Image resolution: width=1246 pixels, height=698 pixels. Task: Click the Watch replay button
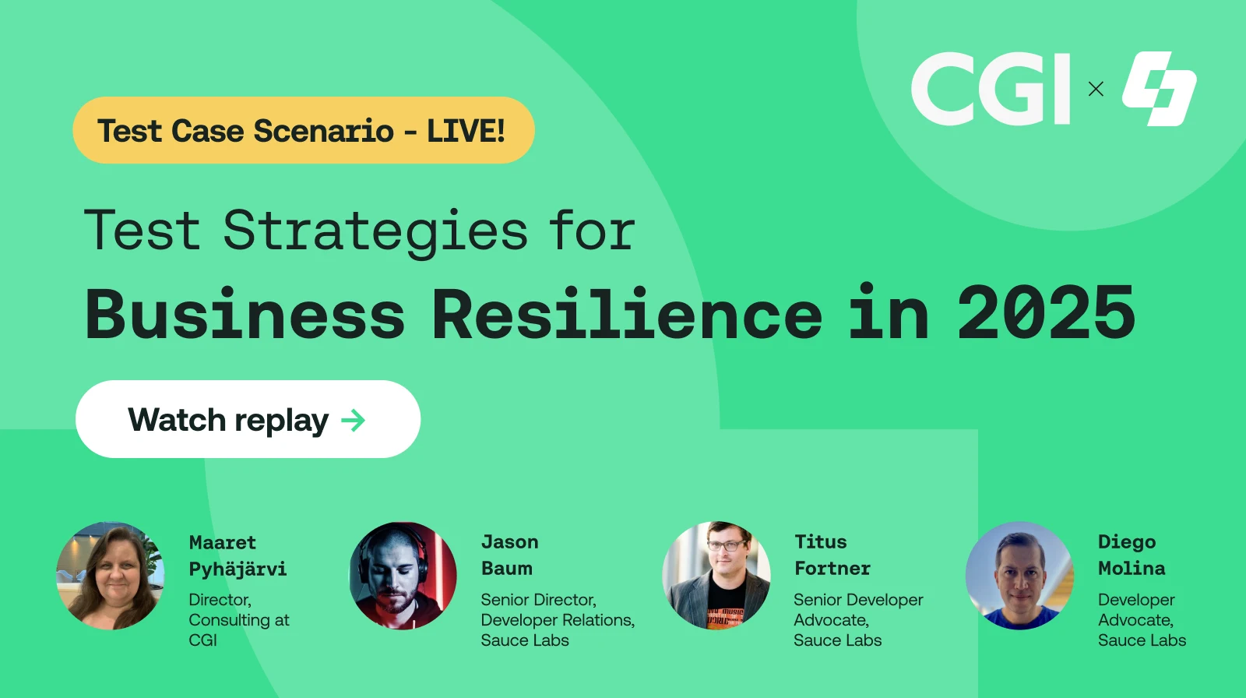pyautogui.click(x=248, y=419)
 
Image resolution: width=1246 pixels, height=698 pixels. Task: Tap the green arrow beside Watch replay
pyautogui.click(x=353, y=421)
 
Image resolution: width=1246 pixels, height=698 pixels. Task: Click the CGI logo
pyautogui.click(x=991, y=89)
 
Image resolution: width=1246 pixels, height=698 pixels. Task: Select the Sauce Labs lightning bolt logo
pyautogui.click(x=1159, y=89)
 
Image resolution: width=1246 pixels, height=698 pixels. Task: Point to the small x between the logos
pyautogui.click(x=1096, y=89)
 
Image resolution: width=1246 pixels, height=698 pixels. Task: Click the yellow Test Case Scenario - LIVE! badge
pyautogui.click(x=303, y=130)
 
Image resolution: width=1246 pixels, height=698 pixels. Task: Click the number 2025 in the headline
pyautogui.click(x=1046, y=313)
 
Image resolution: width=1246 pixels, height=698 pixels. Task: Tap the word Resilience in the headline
pyautogui.click(x=626, y=313)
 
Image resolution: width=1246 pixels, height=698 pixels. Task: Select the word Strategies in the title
pyautogui.click(x=375, y=231)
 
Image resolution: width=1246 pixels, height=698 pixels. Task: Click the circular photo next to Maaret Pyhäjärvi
pyautogui.click(x=111, y=576)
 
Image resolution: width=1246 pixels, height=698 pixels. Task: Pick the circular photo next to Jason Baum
pyautogui.click(x=403, y=576)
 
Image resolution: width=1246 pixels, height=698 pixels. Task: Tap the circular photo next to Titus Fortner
pyautogui.click(x=716, y=576)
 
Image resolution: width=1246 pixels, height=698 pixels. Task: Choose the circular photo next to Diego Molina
pyautogui.click(x=1019, y=576)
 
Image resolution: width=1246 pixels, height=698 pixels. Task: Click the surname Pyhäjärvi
pyautogui.click(x=238, y=569)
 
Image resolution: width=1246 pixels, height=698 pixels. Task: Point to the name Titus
pyautogui.click(x=820, y=541)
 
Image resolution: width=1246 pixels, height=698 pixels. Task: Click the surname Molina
pyautogui.click(x=1131, y=568)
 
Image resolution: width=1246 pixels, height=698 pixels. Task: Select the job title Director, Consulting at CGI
pyautogui.click(x=238, y=620)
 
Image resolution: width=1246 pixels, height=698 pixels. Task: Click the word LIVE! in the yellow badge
pyautogui.click(x=466, y=131)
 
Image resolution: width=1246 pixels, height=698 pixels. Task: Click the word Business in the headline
pyautogui.click(x=245, y=313)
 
